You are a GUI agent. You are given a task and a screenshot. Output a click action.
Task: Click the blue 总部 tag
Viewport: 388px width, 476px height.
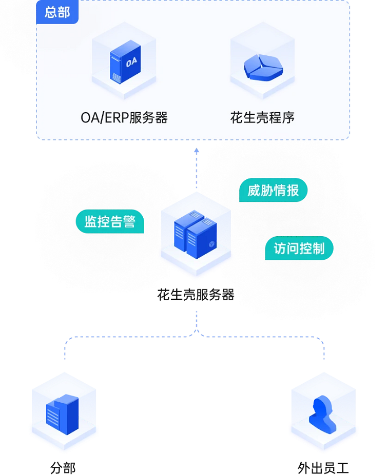pos(57,12)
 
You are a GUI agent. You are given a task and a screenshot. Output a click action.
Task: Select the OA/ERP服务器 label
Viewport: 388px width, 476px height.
pos(124,118)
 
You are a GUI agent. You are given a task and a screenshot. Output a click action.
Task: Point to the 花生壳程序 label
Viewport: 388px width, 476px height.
pos(262,118)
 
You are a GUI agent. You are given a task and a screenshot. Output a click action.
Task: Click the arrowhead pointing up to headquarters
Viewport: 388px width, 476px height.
pos(196,151)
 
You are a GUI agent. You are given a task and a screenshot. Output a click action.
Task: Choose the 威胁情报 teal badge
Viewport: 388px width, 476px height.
pos(273,191)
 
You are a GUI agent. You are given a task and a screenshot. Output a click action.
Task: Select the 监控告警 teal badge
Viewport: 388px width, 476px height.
pos(110,221)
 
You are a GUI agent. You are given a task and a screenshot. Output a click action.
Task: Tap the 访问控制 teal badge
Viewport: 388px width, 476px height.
pos(299,249)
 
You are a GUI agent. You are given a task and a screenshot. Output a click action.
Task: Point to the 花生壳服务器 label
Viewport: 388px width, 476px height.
pos(196,295)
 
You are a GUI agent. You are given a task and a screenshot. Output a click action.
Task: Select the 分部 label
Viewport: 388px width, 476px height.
pos(63,468)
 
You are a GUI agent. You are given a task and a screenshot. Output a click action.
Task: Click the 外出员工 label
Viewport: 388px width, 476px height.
pos(323,468)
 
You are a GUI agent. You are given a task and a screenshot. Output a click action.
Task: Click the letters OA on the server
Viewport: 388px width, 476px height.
pos(131,63)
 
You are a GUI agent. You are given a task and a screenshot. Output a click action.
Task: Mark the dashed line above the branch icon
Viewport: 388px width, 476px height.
pos(65,354)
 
